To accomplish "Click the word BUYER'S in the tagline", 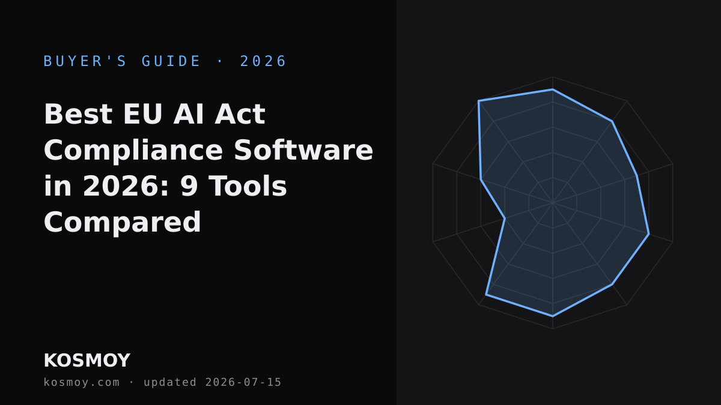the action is (85, 61).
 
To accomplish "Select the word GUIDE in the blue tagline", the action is (171, 61).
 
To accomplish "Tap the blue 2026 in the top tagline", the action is (263, 61).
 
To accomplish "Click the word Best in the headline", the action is (78, 114).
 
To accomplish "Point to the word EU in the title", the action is (142, 114).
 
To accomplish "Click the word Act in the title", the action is (240, 114).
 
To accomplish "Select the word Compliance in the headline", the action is (133, 151).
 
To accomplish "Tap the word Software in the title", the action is (303, 151).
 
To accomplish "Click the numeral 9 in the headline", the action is (189, 187).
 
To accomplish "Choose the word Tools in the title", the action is (248, 187).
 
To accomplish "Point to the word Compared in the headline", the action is (123, 223).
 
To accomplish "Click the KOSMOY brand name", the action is (87, 361).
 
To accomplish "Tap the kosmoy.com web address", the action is (82, 382).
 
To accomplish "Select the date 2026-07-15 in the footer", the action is (243, 382).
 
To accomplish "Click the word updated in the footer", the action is (170, 382).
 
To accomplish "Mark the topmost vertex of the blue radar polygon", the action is (553, 89).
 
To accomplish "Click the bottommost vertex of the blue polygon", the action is (553, 316).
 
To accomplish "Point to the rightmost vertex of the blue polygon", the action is (649, 234).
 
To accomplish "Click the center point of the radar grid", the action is (553, 203).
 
